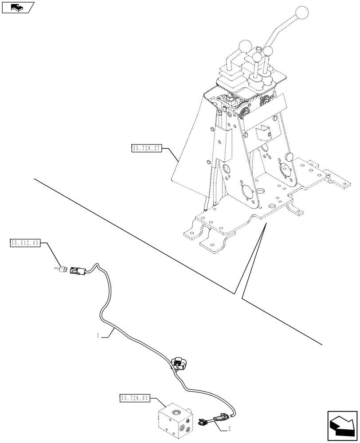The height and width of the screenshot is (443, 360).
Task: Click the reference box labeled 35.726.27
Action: coord(146,149)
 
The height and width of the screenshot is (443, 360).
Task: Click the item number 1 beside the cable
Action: coord(97,337)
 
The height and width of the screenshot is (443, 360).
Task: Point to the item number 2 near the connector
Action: coord(230,429)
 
